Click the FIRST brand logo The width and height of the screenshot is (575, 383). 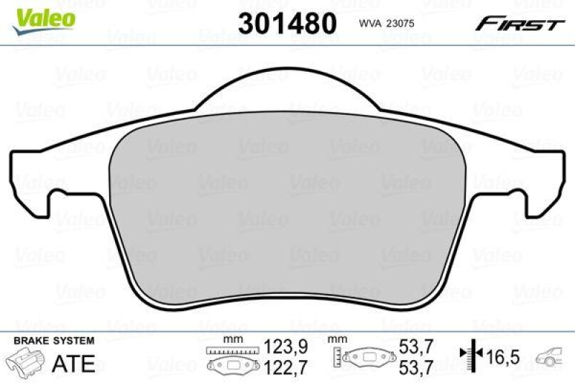pos(519,24)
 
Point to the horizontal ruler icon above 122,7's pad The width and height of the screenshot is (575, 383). pos(232,350)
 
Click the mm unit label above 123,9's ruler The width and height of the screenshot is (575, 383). pos(232,338)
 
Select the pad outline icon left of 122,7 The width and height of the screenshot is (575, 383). pos(232,365)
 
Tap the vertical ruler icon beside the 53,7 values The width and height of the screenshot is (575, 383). pos(336,356)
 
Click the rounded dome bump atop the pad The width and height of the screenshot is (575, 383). pos(287,86)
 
